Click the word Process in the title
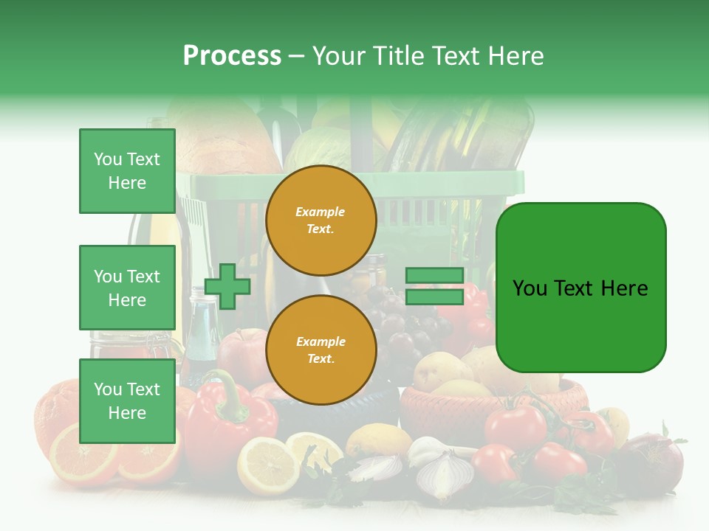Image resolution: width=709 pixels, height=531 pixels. pos(232,56)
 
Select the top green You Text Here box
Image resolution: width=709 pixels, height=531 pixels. pos(127,171)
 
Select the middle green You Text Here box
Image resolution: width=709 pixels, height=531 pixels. pos(127,288)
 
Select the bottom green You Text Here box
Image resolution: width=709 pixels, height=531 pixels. pos(127,401)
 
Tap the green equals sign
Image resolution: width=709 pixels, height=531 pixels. pos(434,286)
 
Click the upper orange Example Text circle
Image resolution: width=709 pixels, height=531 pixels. pos(321,220)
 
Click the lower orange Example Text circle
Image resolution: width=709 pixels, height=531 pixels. pos(321,350)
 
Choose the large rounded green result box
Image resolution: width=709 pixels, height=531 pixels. pos(580,288)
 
